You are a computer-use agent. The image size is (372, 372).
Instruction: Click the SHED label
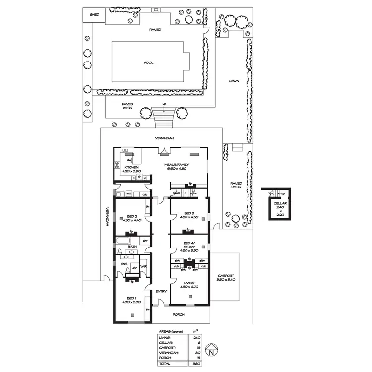pyautogui.click(x=94, y=15)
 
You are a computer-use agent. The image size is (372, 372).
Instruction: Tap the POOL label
pyautogui.click(x=148, y=63)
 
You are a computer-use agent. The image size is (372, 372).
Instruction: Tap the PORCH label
pyautogui.click(x=179, y=314)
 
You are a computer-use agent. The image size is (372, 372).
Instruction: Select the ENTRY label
pyautogui.click(x=161, y=292)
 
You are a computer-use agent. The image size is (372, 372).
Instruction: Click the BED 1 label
pyautogui.click(x=131, y=298)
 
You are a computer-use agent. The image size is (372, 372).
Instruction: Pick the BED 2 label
pyautogui.click(x=131, y=217)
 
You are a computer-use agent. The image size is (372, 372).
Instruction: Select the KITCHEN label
pyautogui.click(x=131, y=168)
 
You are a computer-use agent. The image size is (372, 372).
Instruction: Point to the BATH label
pyautogui.click(x=132, y=246)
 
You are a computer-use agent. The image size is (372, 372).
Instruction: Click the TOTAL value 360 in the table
pyautogui.click(x=195, y=363)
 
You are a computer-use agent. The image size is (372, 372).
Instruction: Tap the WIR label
pyautogui.click(x=144, y=267)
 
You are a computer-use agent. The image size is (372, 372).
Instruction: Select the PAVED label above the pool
pyautogui.click(x=156, y=30)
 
